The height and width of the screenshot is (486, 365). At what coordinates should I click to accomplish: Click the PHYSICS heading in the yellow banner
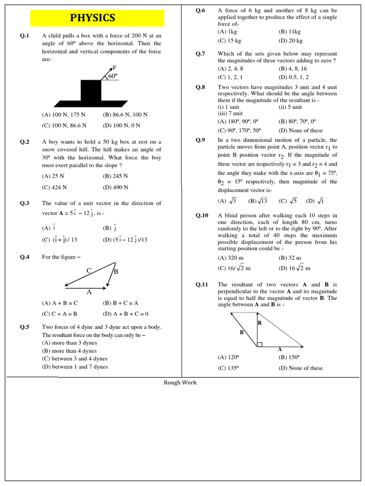coord(93,18)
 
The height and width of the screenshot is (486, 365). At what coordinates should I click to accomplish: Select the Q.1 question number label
coord(25,36)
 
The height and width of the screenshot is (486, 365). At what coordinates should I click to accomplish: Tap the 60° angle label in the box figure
coord(113,75)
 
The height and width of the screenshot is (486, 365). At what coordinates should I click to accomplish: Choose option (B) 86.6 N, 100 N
coord(125,114)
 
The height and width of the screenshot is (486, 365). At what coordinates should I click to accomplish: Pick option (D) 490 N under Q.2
coord(115,187)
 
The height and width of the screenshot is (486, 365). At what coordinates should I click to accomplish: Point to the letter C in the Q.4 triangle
coord(88,271)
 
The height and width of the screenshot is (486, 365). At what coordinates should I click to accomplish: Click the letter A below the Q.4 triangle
coord(88,292)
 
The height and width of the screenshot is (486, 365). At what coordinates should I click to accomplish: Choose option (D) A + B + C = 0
coord(125,314)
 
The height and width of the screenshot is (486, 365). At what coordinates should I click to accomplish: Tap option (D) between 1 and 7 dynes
coord(75,366)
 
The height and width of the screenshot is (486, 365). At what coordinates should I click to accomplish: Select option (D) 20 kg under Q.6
coord(290,40)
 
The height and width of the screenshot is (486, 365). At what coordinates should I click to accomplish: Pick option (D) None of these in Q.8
coord(300,130)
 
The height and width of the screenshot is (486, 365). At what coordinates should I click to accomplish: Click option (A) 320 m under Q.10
coord(230,258)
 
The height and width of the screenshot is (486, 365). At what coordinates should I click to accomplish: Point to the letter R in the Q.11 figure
coord(259,323)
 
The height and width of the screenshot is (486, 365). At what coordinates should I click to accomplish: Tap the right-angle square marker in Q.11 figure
coord(259,344)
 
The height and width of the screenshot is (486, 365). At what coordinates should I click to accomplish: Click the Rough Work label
coord(180,383)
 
